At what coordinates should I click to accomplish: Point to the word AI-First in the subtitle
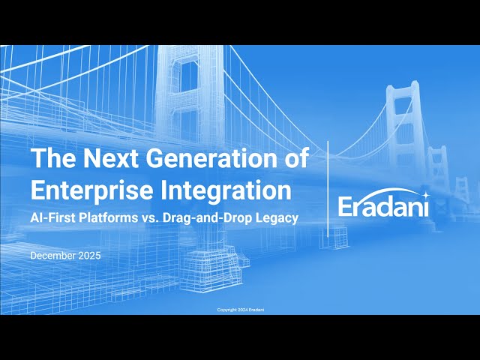point(50,217)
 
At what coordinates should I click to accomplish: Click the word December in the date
point(55,256)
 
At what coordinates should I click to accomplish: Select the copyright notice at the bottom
point(240,309)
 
